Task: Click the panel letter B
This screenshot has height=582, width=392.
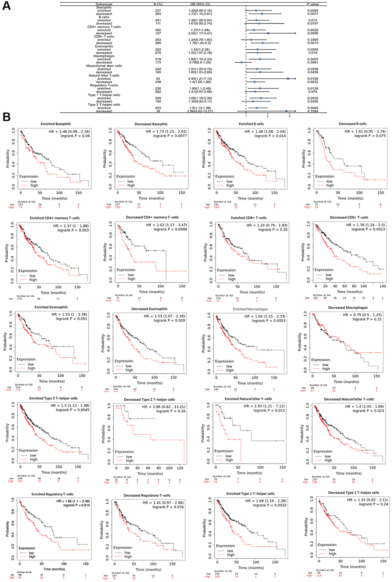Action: (7, 117)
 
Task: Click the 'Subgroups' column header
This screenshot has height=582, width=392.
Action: (104, 4)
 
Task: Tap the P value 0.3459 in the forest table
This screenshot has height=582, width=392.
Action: (313, 40)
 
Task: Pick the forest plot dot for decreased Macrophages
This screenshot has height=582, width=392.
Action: (241, 62)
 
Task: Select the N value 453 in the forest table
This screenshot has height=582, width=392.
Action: (158, 108)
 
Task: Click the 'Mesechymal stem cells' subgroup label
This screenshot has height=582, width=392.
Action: (104, 66)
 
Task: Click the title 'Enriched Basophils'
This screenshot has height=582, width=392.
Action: (56, 124)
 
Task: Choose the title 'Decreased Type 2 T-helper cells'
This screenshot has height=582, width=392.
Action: (149, 400)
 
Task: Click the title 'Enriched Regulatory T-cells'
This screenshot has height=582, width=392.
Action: (52, 494)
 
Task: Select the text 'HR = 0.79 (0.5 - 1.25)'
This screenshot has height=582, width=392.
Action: (362, 315)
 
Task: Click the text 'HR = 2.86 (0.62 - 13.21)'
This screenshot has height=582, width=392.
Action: (163, 407)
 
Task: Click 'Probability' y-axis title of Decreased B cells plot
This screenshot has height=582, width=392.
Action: (304, 159)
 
